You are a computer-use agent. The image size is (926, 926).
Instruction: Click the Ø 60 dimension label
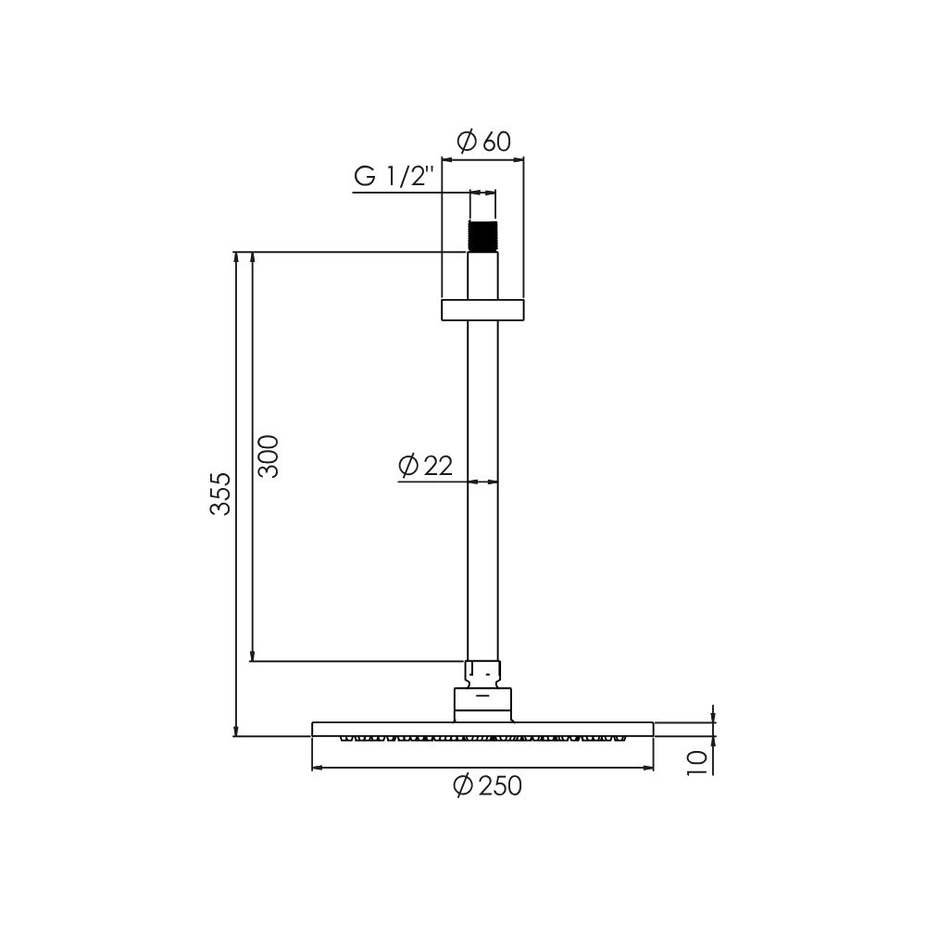click(x=483, y=141)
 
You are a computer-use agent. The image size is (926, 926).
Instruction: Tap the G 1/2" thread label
click(x=394, y=176)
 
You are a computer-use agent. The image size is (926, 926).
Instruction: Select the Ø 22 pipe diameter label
click(x=425, y=466)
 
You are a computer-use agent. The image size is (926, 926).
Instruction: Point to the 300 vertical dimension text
click(x=269, y=456)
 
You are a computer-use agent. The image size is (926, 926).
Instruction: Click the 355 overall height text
click(x=220, y=494)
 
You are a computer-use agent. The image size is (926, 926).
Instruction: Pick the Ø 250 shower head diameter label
click(x=488, y=786)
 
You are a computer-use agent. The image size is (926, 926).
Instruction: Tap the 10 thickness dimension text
click(x=697, y=763)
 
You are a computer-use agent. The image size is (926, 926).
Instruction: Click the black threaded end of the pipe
click(x=482, y=236)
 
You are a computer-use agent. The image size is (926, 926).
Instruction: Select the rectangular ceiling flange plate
click(x=482, y=310)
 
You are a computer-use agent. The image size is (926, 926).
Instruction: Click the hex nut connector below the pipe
click(x=482, y=674)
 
